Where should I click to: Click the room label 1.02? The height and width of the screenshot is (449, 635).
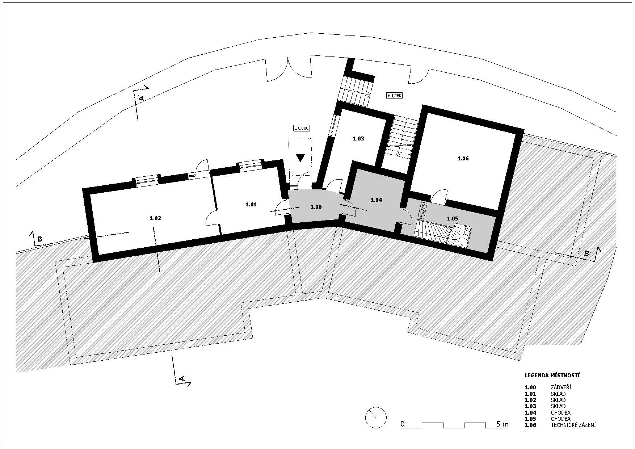pos(155,218)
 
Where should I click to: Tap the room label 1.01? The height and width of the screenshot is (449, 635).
pos(251,205)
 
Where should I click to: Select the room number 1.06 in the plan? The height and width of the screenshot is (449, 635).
pos(463,159)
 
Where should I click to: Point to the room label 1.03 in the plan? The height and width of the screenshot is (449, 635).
pos(358,139)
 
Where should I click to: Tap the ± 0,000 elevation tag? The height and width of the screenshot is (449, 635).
pos(302,128)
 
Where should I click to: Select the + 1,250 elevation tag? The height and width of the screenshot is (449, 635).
pos(395,96)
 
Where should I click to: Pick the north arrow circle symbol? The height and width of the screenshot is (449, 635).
pos(376,417)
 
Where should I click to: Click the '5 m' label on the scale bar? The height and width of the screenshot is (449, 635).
pos(502,424)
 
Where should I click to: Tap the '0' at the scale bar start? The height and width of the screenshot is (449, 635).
pos(403,424)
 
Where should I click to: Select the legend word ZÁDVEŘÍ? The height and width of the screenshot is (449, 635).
pos(561,387)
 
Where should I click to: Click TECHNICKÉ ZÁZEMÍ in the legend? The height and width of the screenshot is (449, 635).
pos(573,425)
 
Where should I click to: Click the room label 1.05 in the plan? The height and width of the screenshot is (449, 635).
pos(453,219)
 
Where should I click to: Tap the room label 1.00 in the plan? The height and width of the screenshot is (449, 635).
pos(316,207)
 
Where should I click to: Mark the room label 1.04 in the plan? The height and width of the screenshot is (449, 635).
pos(377,200)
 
